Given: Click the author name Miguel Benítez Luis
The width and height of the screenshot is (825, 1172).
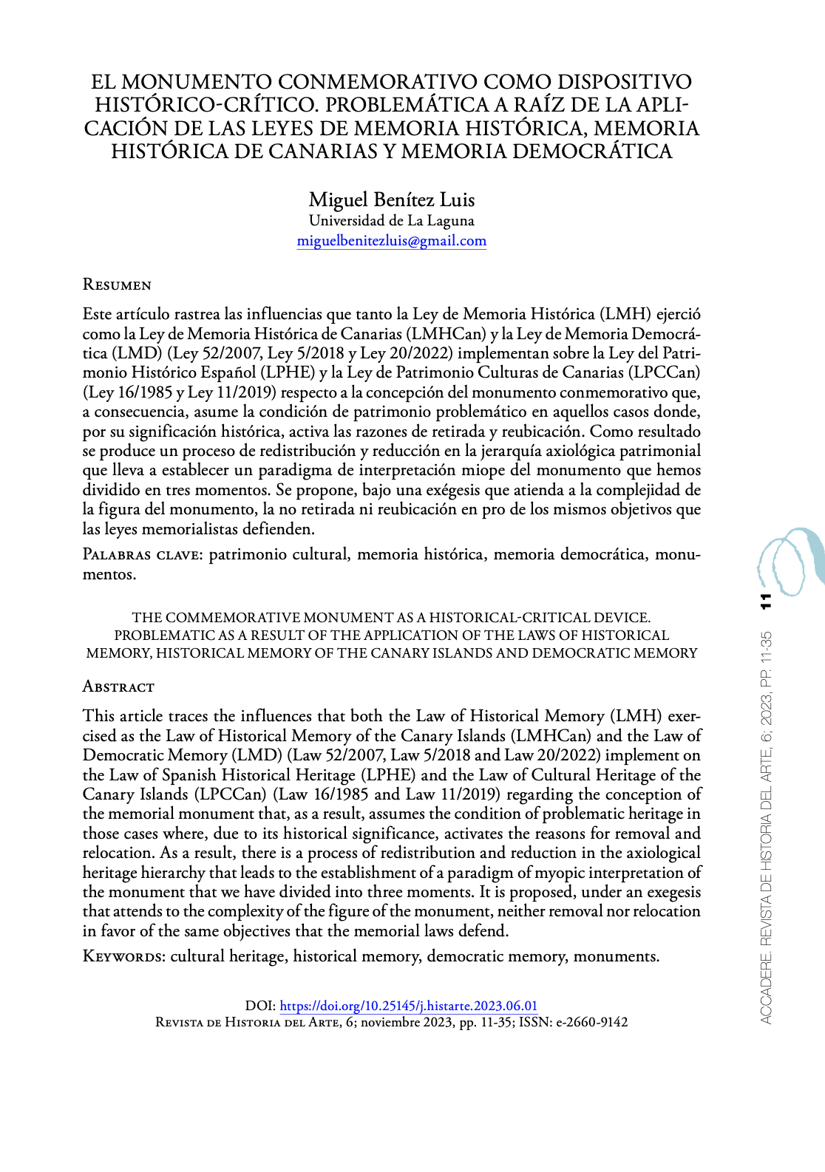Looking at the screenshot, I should click(x=391, y=200).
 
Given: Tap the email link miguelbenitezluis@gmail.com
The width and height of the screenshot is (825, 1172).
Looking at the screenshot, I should click(x=391, y=240).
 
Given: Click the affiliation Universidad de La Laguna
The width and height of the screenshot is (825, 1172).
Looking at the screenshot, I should click(x=391, y=220).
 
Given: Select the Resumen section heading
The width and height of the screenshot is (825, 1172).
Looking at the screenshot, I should click(x=117, y=285).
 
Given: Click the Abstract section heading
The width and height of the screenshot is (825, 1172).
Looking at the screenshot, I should click(x=118, y=686).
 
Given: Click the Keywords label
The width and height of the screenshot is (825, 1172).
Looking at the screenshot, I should click(x=123, y=956).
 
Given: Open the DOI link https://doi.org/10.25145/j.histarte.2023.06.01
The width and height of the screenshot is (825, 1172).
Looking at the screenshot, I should click(x=408, y=1006).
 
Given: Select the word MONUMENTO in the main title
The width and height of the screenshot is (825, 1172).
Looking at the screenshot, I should click(x=197, y=81).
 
